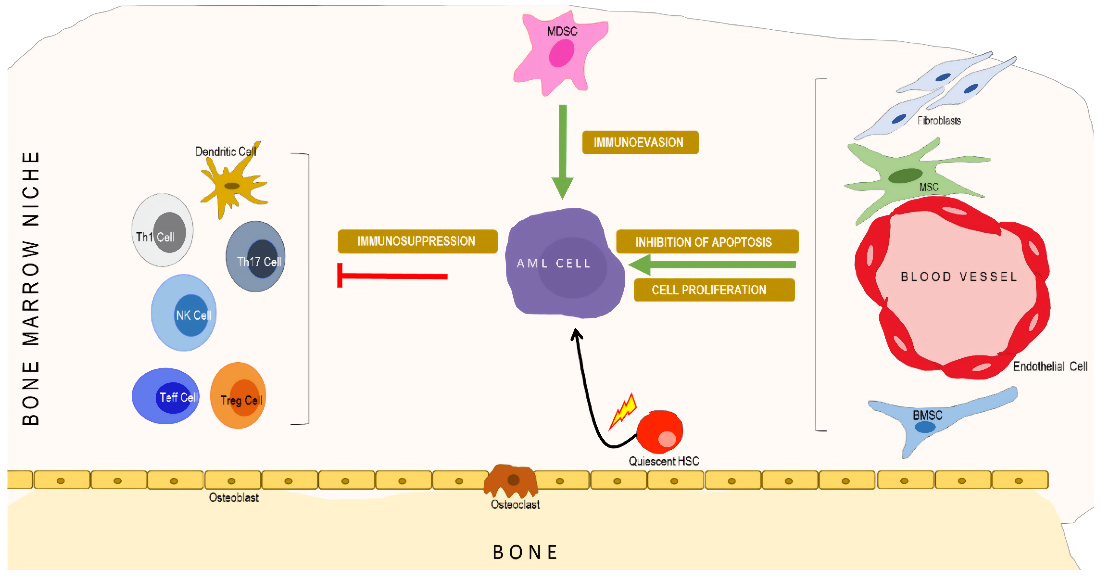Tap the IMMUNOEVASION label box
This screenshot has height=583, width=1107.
click(x=640, y=142)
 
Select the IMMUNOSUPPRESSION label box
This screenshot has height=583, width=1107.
click(x=417, y=241)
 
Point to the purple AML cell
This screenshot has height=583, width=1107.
click(x=564, y=263)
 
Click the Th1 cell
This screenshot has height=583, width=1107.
click(x=162, y=230)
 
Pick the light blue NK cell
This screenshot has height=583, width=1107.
click(x=183, y=313)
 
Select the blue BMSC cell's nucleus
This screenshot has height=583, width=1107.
click(x=925, y=427)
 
